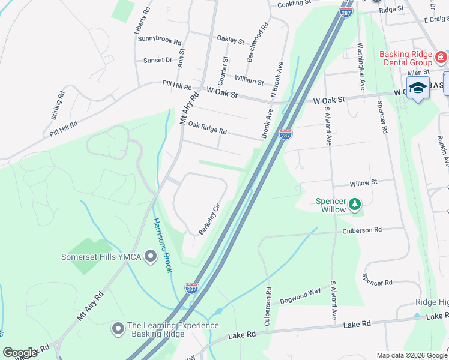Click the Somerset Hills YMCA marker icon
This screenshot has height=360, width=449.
[152, 257]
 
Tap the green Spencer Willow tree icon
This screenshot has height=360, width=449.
[355, 205]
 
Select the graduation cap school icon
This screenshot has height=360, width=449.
[418, 88]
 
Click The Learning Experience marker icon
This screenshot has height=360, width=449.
[118, 329]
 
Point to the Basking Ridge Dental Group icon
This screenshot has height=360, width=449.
[441, 58]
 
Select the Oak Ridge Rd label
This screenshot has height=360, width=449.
[207, 128]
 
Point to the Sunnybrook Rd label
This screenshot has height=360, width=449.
[160, 41]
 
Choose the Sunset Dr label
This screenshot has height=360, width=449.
[158, 60]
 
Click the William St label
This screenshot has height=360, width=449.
[249, 80]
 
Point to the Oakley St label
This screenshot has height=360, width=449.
[231, 40]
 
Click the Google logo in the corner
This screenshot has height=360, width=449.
[20, 353]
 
